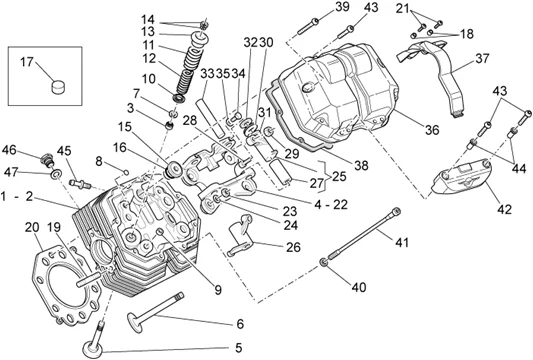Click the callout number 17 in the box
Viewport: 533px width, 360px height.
click(x=27, y=62)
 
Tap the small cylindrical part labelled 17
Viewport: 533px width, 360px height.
click(x=58, y=86)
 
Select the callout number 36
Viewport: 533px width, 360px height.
click(x=432, y=130)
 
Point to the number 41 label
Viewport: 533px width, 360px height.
click(x=402, y=242)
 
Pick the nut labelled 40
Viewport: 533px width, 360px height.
click(x=324, y=262)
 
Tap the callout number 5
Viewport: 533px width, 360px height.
click(x=238, y=348)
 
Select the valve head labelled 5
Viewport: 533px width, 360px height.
click(x=93, y=349)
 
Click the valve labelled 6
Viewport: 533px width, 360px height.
click(x=155, y=311)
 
